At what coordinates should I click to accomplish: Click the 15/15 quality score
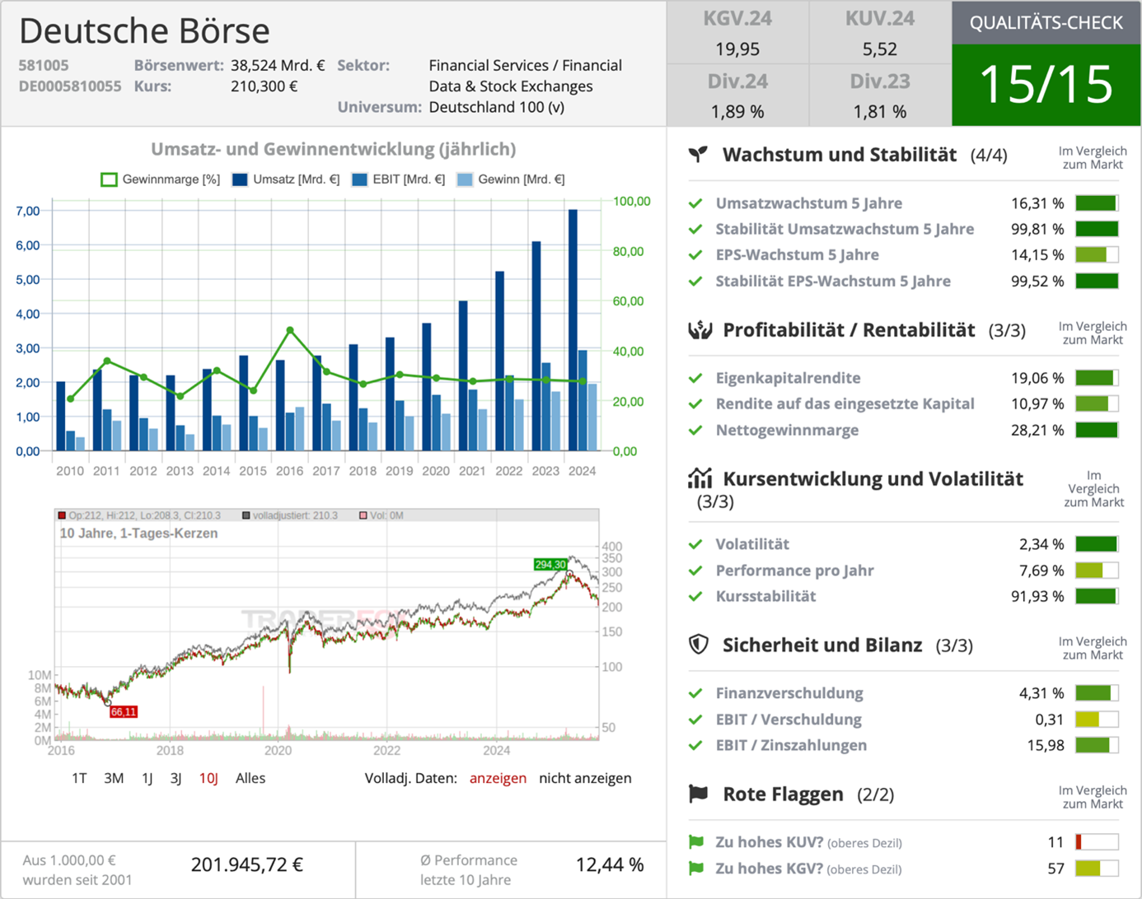[1046, 84]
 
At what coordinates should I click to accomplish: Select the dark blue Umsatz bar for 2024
[573, 329]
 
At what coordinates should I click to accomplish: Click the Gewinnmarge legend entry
[161, 179]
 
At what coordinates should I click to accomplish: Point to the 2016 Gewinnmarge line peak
[290, 330]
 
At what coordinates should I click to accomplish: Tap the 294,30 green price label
[550, 565]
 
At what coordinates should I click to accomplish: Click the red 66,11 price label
[124, 712]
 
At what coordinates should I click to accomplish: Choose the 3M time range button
[114, 778]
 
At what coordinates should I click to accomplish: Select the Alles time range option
[250, 778]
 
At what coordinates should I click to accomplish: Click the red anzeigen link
[498, 778]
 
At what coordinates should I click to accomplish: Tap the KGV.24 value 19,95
[737, 49]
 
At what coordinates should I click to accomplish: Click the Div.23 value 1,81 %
[880, 112]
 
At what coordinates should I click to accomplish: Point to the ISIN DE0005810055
[70, 86]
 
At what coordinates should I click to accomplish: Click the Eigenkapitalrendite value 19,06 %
[1037, 378]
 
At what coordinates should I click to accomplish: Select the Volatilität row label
[752, 544]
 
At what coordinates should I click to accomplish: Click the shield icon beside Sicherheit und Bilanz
[699, 645]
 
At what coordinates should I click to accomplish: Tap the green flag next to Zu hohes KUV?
[696, 842]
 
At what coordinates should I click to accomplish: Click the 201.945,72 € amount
[247, 864]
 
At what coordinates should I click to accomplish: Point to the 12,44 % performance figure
[610, 864]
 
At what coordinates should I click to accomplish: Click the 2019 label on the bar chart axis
[399, 471]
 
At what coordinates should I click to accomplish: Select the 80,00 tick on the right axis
[628, 252]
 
